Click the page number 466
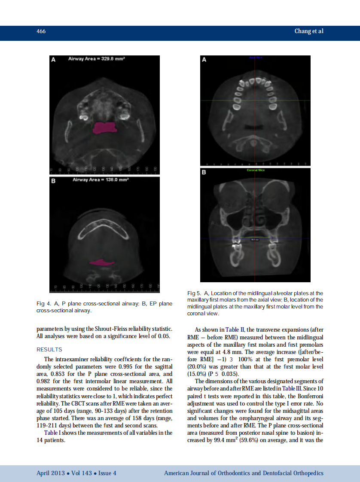(41, 31)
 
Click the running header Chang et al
(308, 31)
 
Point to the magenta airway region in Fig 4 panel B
(102, 262)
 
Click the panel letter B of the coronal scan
(204, 172)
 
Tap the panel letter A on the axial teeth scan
(204, 60)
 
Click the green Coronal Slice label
(255, 171)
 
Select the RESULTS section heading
(49, 349)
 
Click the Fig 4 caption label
(43, 304)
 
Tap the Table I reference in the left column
(53, 433)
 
